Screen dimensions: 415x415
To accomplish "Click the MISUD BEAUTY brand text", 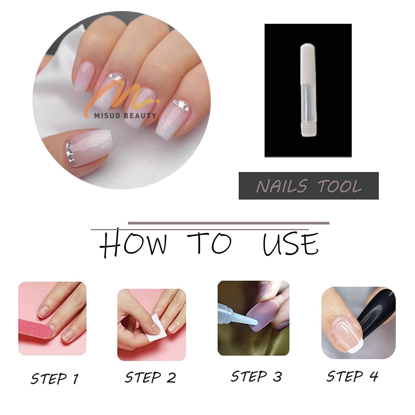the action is tap(125, 116).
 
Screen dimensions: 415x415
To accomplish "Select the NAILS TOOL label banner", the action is tap(308, 186).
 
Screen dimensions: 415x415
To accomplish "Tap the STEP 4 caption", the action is tap(352, 376).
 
